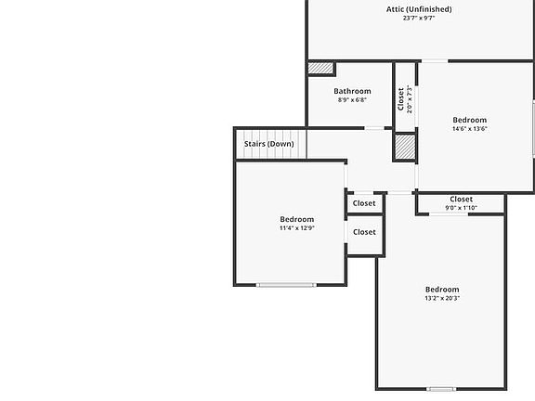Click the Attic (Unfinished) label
pos(419,9)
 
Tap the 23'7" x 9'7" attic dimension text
pos(419,18)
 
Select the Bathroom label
pos(352,91)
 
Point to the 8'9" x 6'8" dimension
pos(352,100)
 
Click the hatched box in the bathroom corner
pos(320,68)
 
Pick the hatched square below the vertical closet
pos(405,147)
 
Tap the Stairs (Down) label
pos(268,144)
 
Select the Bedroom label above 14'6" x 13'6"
pos(469,120)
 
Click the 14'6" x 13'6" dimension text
pos(469,129)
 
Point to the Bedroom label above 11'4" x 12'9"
pos(297,219)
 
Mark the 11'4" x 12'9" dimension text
pos(297,228)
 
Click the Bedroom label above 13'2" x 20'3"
pos(442,290)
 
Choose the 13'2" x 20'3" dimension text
pos(442,298)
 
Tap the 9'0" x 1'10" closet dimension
pos(461,208)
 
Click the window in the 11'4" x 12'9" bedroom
pos(286,285)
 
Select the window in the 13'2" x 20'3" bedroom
pos(441,389)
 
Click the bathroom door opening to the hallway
pos(374,128)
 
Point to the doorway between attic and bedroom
pos(435,61)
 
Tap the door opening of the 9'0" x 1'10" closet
pos(449,214)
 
